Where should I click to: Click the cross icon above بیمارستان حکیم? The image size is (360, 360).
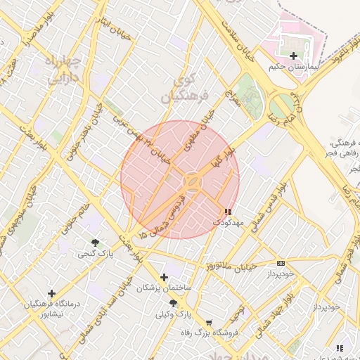point(292,56)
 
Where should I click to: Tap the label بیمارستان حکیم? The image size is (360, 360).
point(293,68)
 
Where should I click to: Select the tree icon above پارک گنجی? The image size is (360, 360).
point(95,242)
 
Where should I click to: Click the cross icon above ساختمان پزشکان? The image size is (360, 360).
point(165,277)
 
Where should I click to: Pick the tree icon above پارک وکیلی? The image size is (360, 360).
point(173,303)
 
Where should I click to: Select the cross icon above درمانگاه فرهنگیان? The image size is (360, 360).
point(51,293)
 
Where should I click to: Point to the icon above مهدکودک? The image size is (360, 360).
point(227,212)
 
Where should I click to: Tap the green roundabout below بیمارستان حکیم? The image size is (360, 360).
point(282,107)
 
